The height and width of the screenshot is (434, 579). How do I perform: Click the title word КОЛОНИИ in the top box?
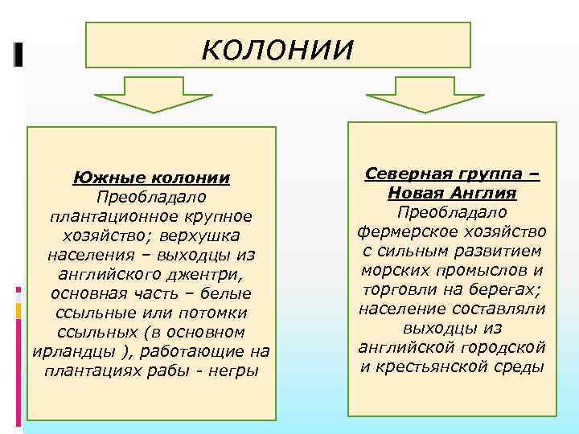coord(277,49)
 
